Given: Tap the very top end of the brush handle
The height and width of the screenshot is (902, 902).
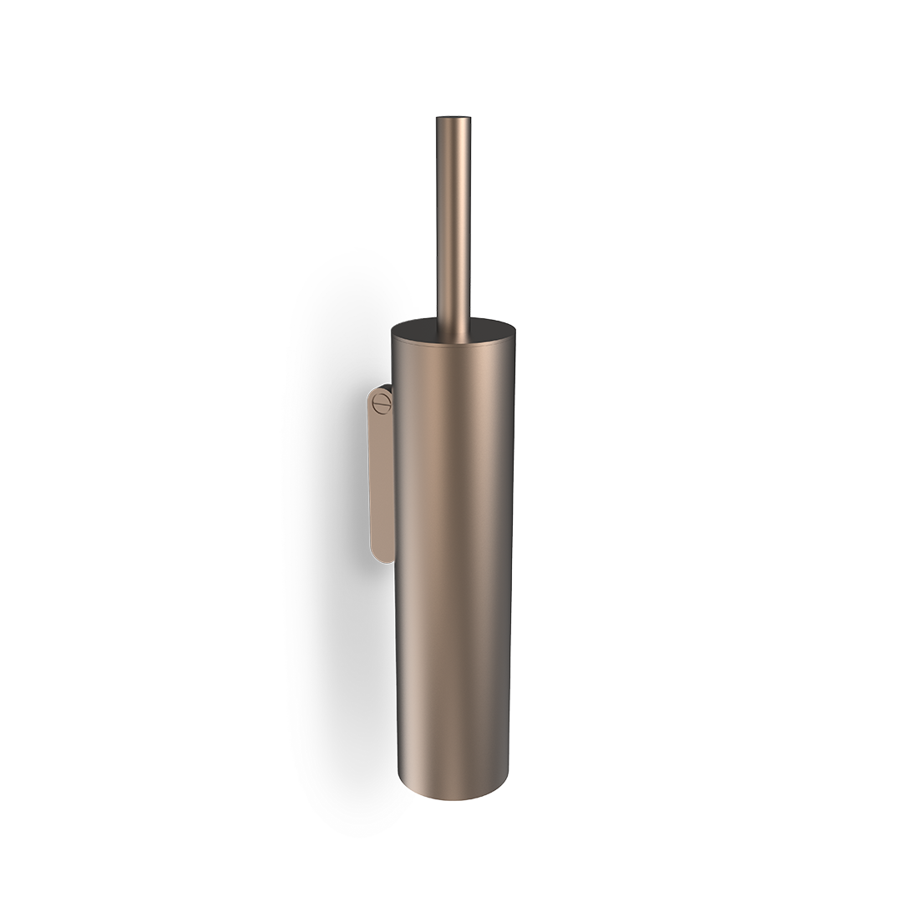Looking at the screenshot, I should click(x=454, y=119).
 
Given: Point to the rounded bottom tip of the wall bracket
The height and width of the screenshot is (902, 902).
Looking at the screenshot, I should click(x=382, y=555).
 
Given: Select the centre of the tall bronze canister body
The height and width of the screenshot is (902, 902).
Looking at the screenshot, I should click(x=455, y=560).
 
